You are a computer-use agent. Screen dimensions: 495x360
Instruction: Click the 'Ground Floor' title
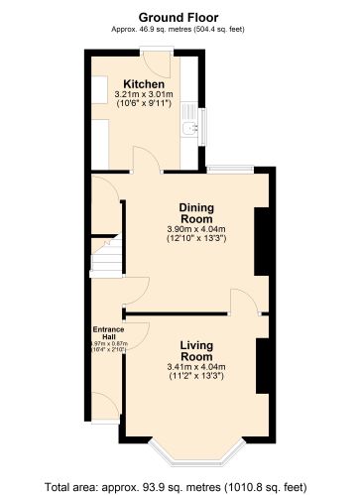coord(180,17)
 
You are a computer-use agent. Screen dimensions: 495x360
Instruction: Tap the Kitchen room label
coord(143,83)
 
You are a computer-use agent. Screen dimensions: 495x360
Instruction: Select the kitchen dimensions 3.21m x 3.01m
coord(143,94)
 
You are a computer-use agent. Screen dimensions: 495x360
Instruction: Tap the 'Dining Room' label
coord(196,213)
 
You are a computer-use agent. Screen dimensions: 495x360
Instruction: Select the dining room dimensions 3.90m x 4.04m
coord(196,230)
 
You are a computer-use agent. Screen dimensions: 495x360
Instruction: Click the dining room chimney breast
coord(263,241)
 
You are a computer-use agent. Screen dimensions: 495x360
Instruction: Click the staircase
coord(104,260)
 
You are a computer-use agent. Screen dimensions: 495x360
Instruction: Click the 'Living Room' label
coord(196,350)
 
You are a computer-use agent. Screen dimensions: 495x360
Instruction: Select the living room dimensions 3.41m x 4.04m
coord(196,367)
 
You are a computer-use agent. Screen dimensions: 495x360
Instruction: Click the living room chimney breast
coord(263,366)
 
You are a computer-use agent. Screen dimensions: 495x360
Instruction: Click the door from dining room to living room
coord(243,303)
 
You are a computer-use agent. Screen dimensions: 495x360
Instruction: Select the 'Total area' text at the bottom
coord(180,486)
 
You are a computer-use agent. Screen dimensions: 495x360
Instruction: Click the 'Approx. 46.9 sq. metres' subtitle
coord(180,29)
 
